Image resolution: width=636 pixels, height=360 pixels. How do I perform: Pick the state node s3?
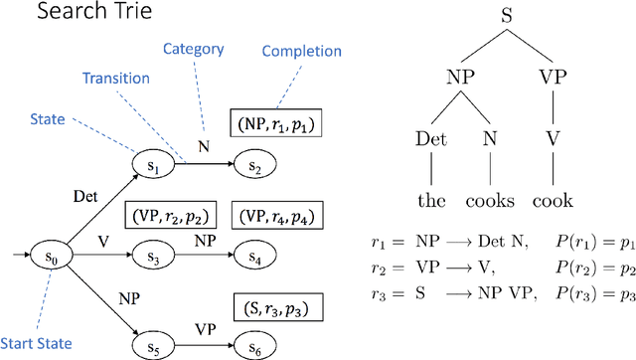[154, 257]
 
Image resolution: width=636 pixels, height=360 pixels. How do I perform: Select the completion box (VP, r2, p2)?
[168, 215]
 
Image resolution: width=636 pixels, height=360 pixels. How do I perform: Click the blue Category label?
[193, 48]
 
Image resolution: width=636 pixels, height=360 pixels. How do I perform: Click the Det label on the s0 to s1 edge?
[87, 197]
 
